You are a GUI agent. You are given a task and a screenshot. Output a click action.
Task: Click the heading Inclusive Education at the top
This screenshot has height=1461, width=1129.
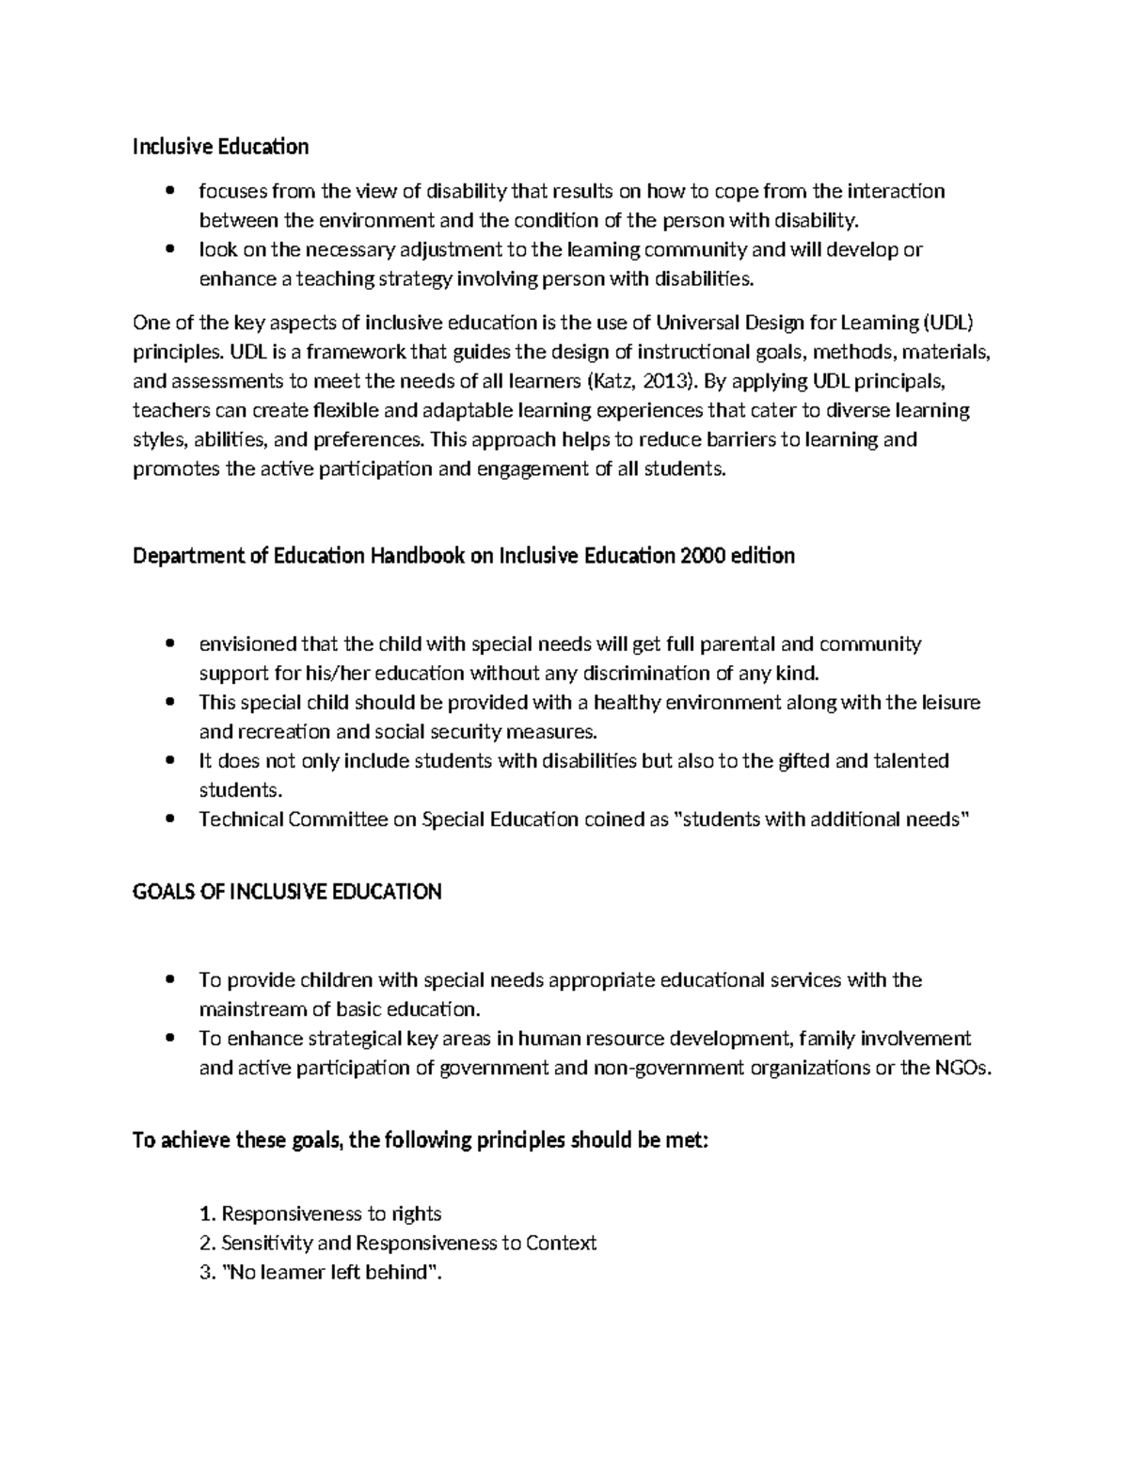220,147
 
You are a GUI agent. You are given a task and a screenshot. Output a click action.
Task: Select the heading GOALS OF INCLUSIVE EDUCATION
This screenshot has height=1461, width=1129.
287,892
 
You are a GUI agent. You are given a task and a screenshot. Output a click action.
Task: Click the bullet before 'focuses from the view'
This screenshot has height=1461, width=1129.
169,192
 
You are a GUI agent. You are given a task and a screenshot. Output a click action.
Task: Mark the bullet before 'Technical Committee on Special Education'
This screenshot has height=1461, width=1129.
169,819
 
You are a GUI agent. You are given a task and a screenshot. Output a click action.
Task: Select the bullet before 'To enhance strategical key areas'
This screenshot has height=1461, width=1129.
169,1040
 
